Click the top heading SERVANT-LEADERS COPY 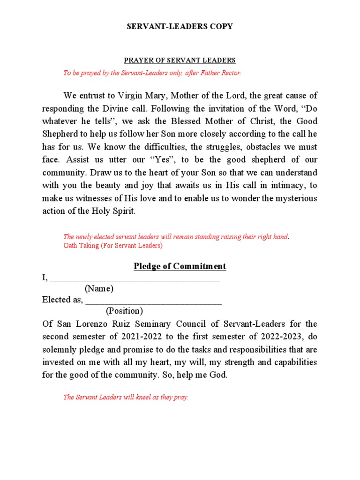pyautogui.click(x=180, y=27)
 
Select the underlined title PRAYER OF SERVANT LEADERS pyautogui.click(x=180, y=60)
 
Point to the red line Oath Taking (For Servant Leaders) pyautogui.click(x=112, y=246)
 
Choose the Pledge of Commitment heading pyautogui.click(x=180, y=266)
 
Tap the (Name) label pyautogui.click(x=99, y=289)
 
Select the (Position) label pyautogui.click(x=124, y=311)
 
